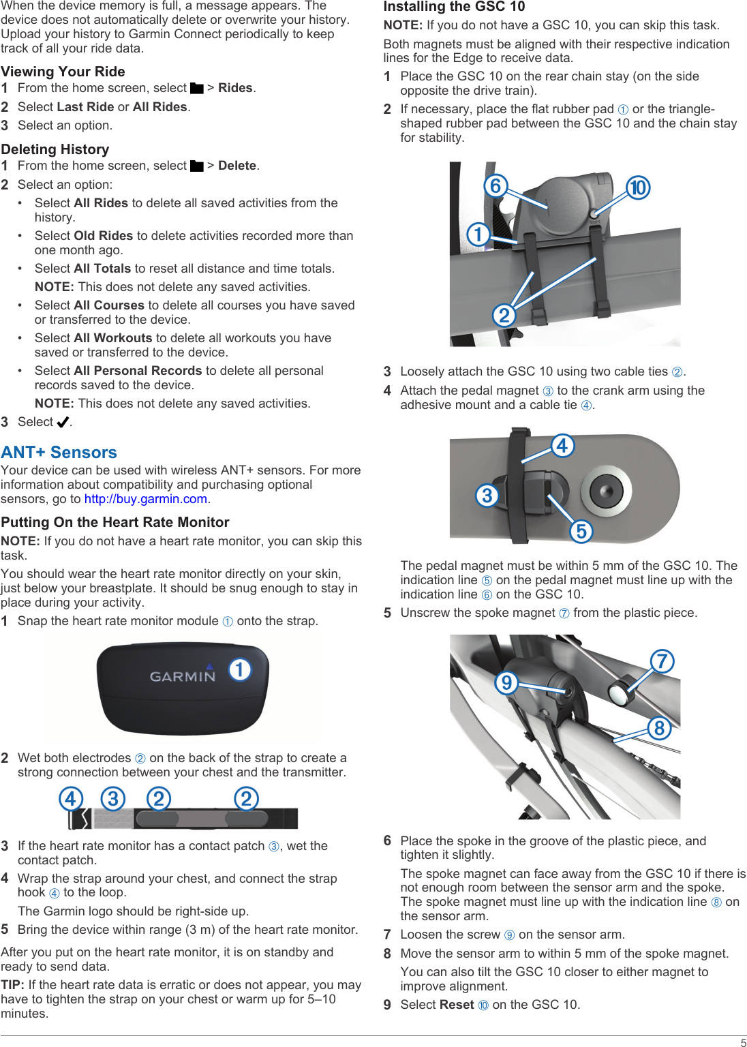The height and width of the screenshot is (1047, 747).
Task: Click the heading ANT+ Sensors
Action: (59, 453)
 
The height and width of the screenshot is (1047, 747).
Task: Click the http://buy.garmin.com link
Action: (146, 499)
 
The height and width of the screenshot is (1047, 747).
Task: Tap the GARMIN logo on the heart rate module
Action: (182, 676)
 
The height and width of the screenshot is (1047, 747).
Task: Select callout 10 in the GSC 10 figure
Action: (638, 187)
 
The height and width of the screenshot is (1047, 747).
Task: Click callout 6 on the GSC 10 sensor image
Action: (496, 185)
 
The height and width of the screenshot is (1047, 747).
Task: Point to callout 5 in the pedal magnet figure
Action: (581, 531)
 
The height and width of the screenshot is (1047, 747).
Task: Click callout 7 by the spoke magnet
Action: (662, 661)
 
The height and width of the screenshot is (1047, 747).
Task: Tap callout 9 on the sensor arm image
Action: (506, 682)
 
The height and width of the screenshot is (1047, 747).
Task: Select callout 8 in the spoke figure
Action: (659, 728)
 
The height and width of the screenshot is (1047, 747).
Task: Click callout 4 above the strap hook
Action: (71, 798)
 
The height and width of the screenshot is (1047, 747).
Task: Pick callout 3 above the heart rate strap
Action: (113, 798)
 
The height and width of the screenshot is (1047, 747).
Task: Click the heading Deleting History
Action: (55, 149)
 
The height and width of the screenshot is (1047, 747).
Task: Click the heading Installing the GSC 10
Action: (454, 7)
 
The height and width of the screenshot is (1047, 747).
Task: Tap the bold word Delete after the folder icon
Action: (237, 166)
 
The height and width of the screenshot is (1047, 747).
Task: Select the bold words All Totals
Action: (102, 269)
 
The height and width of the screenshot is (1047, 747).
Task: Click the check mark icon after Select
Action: (63, 423)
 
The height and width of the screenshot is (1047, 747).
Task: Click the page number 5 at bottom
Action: (743, 1042)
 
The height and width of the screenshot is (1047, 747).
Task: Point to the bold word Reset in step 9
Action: (457, 1005)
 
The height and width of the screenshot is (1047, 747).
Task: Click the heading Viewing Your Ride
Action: (63, 72)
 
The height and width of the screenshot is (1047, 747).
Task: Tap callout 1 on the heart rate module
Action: (239, 669)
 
